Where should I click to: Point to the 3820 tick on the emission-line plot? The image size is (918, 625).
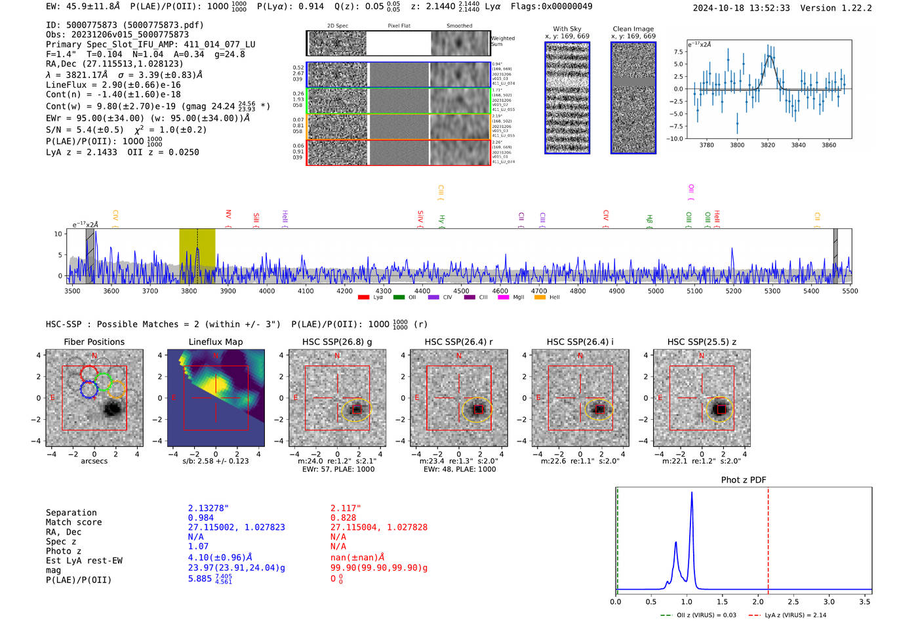768,145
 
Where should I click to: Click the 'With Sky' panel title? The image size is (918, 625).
567,29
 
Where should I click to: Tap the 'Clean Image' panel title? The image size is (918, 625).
633,29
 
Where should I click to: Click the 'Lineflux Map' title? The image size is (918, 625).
215,342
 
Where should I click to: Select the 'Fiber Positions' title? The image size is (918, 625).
94,342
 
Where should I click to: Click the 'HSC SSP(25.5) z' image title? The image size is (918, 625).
702,342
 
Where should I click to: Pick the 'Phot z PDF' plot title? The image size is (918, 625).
744,479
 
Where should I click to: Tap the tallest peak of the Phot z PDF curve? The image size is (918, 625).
691,493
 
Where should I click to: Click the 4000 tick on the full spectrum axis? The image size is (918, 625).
267,291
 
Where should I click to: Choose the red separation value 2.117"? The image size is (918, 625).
346,508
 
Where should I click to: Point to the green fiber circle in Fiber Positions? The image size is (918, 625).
103,382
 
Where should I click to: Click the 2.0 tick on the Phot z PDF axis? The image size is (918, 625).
757,601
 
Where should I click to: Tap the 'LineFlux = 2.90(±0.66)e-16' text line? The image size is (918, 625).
113,85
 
